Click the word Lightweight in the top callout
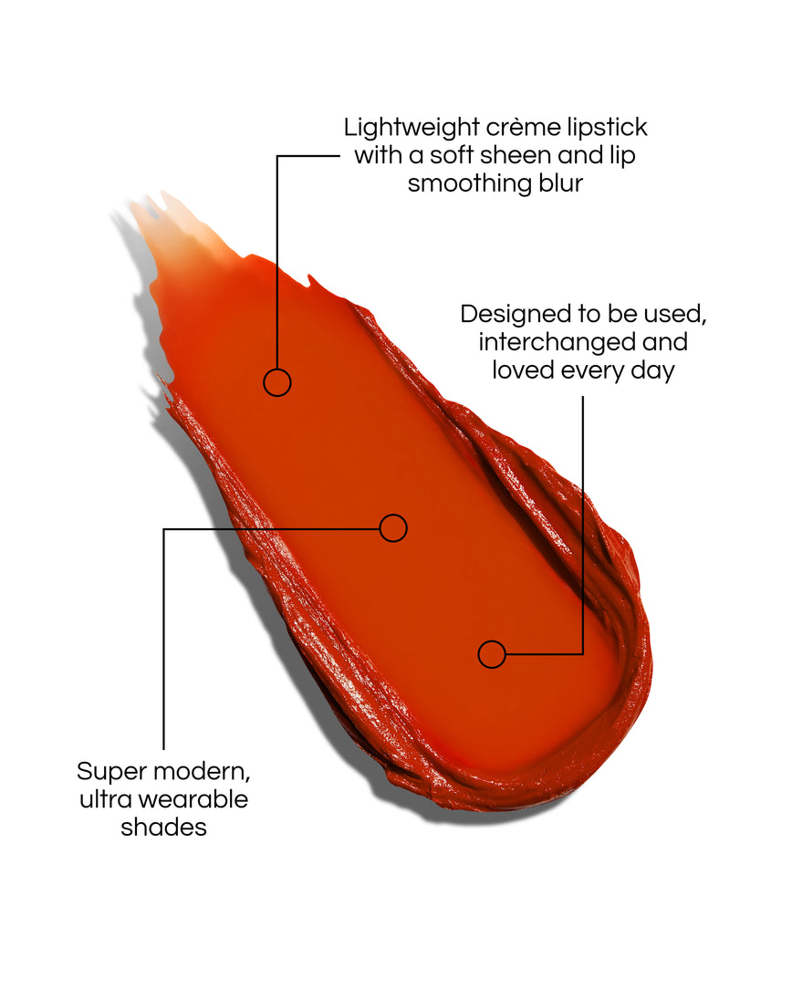click(x=412, y=128)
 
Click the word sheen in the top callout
click(x=509, y=155)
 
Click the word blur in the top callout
click(x=561, y=183)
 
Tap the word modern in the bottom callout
click(x=202, y=772)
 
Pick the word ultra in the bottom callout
click(x=106, y=800)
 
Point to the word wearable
click(x=193, y=800)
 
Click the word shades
click(x=164, y=828)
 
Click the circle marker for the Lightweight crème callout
click(x=277, y=370)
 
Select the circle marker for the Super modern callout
click(x=393, y=515)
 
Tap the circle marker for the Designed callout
click(x=492, y=641)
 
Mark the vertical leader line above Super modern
click(x=163, y=639)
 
